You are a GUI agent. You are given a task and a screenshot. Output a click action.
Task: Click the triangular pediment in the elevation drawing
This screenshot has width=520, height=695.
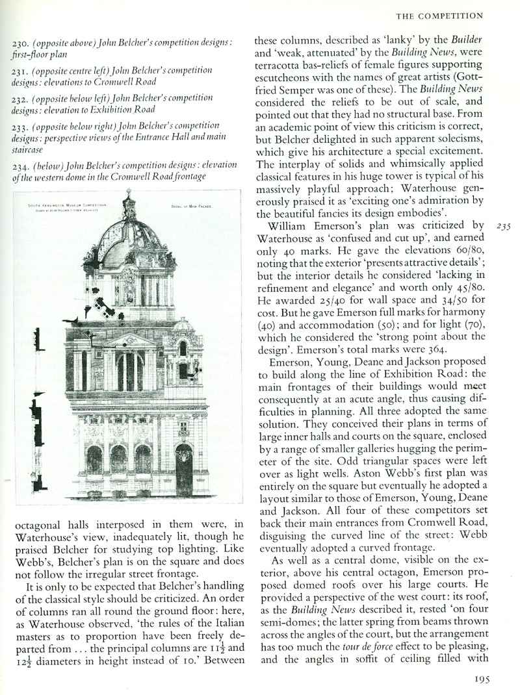point(131,340)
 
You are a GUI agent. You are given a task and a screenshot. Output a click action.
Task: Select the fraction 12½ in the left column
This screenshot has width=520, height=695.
point(20,661)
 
